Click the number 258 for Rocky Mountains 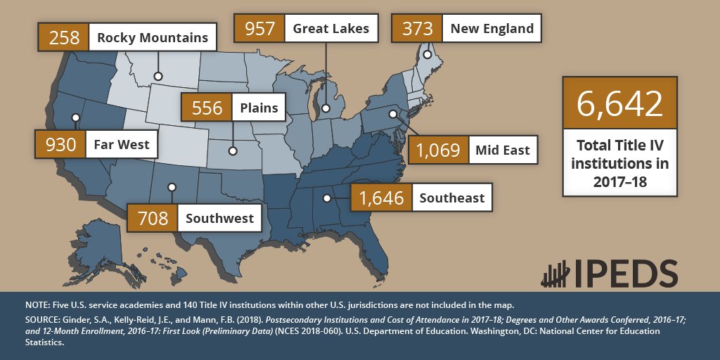tap(65, 37)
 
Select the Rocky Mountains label tap(152, 37)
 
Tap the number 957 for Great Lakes tap(259, 29)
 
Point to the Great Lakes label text tap(330, 29)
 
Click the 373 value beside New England tap(417, 29)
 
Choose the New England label tap(491, 29)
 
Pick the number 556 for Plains tap(207, 108)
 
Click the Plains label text tap(258, 108)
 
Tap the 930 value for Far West tap(60, 145)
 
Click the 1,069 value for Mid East tap(438, 150)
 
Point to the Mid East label tap(502, 150)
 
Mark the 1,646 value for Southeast tap(381, 198)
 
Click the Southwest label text tap(219, 218)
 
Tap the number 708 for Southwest tap(153, 218)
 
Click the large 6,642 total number tap(619, 103)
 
